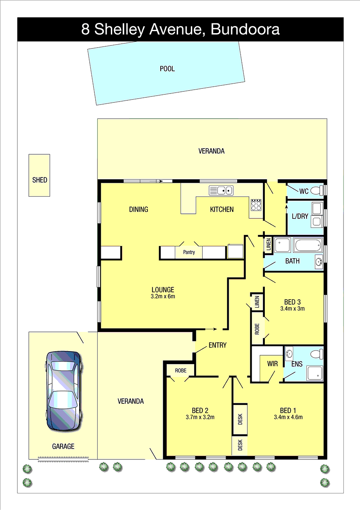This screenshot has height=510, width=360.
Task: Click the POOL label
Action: [x=167, y=69]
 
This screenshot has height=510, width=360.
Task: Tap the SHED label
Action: [x=40, y=180]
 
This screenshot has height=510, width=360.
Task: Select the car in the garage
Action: [x=64, y=391]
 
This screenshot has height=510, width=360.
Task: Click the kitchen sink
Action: [x=221, y=190]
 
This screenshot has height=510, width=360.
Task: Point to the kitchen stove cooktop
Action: [x=256, y=205]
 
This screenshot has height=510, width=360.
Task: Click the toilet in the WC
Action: [x=317, y=190]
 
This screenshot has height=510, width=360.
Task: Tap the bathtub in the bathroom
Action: [x=308, y=245]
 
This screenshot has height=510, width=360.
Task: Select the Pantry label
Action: [x=189, y=252]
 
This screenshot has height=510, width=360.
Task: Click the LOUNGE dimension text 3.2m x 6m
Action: [x=163, y=297]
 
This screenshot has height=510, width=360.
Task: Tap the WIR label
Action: [x=272, y=364]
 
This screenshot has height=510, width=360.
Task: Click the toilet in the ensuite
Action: [x=317, y=354]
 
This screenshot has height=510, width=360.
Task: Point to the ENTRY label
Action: [x=218, y=345]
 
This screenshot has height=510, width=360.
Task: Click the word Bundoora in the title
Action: [x=245, y=29]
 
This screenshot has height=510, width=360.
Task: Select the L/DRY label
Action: [x=300, y=216]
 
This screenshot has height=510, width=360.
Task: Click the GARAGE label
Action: [x=63, y=446]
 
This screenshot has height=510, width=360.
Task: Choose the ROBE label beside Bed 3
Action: [x=257, y=329]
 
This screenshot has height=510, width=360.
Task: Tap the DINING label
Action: [x=139, y=209]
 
